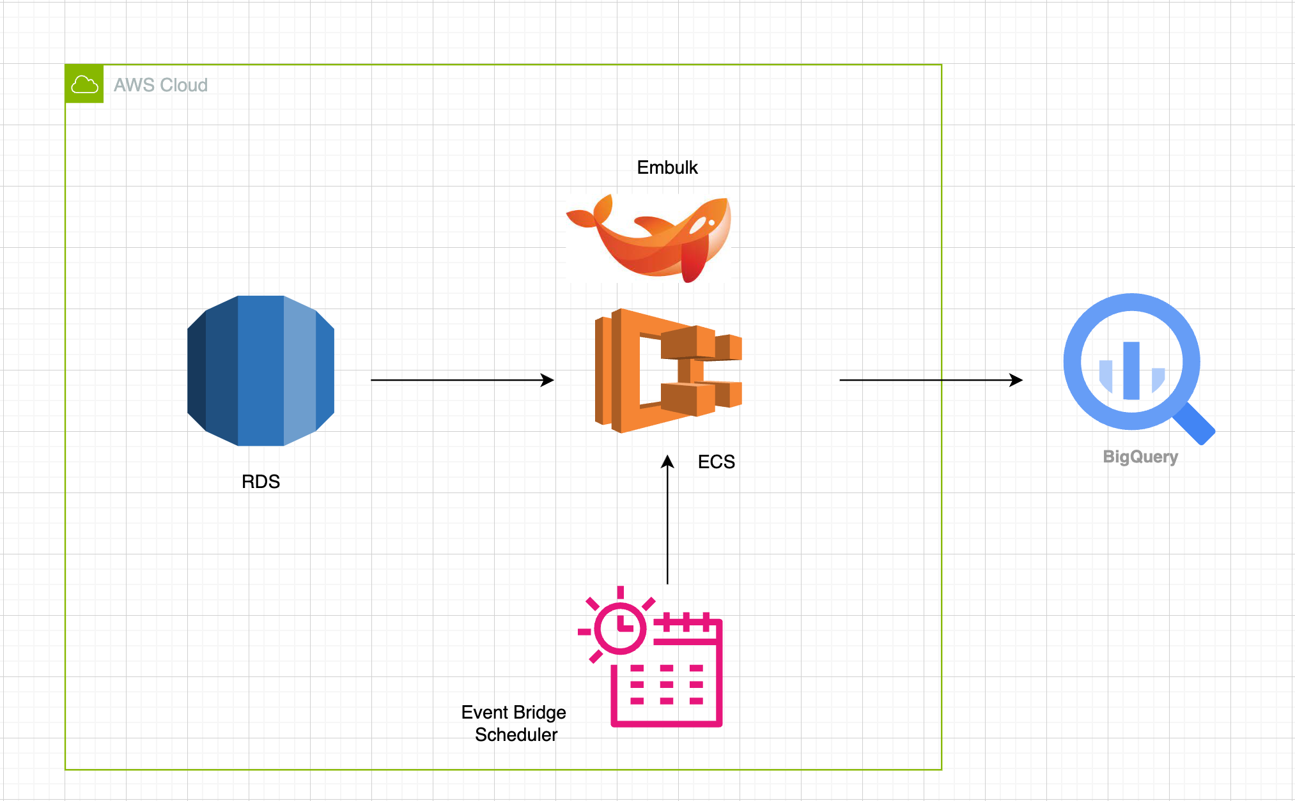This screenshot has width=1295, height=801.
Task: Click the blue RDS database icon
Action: (261, 370)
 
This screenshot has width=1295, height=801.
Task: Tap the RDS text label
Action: (261, 482)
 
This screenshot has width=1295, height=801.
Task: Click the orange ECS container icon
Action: (668, 370)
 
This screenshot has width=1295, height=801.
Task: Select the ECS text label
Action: (716, 462)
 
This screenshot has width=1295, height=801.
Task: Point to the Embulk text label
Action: (667, 167)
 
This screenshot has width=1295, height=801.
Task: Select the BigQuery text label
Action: (1140, 457)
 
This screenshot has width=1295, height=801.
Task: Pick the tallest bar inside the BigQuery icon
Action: (1131, 370)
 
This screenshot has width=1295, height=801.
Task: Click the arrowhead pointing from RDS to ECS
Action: (548, 380)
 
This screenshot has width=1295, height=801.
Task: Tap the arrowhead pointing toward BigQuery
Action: (1016, 380)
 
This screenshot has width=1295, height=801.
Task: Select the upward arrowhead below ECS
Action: (667, 461)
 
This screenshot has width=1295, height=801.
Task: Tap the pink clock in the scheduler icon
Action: (620, 627)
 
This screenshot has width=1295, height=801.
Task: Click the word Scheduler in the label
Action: (516, 735)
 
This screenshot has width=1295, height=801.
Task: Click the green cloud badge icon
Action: (84, 84)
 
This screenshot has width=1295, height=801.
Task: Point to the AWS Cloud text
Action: (160, 85)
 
